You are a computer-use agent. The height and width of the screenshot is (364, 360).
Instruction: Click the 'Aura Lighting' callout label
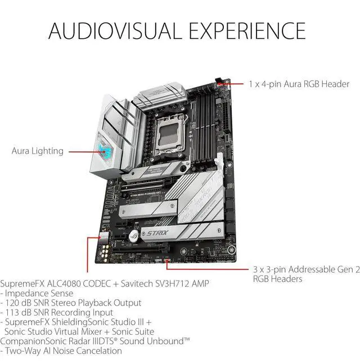coord(38,151)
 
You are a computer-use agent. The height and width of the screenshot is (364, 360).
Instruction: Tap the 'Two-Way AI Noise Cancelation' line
coord(64,350)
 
